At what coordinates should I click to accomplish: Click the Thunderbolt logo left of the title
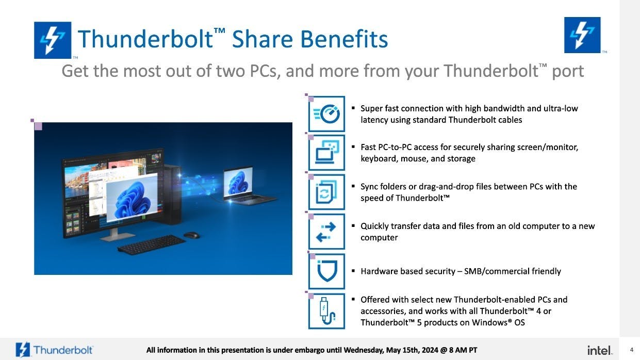53,40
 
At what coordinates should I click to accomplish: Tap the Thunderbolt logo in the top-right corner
582,35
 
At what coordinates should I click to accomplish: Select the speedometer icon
326,114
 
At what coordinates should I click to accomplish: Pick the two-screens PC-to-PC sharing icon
326,153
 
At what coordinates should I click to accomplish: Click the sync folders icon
326,192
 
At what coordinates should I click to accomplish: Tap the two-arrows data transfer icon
326,232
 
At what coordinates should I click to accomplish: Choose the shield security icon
326,271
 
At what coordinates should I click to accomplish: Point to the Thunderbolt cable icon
326,311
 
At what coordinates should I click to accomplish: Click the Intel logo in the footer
600,350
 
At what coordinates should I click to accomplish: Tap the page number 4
631,350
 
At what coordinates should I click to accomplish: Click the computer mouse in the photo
191,235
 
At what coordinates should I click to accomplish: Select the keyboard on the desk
152,245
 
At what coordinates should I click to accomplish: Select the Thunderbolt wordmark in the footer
63,350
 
